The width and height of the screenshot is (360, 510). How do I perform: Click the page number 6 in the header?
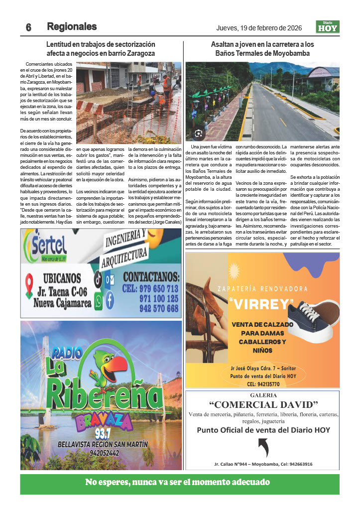coord(28,27)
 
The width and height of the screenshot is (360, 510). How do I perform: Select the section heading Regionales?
coord(72,26)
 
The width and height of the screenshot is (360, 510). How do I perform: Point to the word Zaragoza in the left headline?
coord(139,53)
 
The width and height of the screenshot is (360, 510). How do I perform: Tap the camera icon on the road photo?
coord(198,133)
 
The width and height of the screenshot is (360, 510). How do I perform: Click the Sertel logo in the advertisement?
coord(47,244)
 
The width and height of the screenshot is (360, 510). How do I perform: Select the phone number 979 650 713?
coord(151,288)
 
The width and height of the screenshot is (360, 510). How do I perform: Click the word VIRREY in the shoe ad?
coord(262,304)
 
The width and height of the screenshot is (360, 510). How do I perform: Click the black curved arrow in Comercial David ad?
coord(262,447)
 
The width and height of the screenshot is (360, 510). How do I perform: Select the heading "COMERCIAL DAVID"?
coord(263,404)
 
